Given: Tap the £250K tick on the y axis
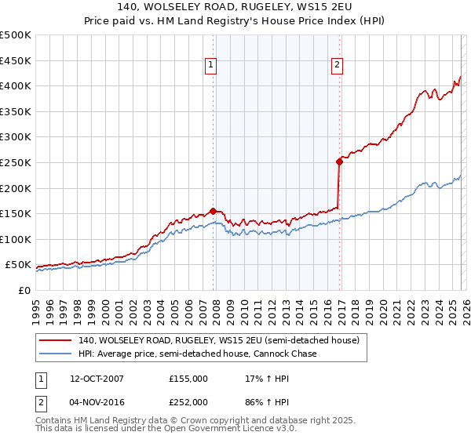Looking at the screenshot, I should (x=16, y=162).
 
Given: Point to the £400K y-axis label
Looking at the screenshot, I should (x=16, y=85).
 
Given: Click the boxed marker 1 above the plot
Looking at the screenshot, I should (x=212, y=65).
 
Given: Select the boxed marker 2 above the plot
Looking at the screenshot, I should (x=337, y=65).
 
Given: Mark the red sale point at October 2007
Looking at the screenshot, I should (x=213, y=211).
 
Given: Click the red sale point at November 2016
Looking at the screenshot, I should (x=339, y=161).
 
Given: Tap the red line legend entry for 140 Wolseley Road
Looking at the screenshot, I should (x=218, y=340).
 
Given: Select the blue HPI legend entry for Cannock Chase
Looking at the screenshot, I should (x=197, y=354).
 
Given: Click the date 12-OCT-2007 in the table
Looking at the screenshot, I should (x=112, y=379).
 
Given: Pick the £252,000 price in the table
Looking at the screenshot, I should (x=188, y=401).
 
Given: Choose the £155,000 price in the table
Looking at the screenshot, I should (x=188, y=379).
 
